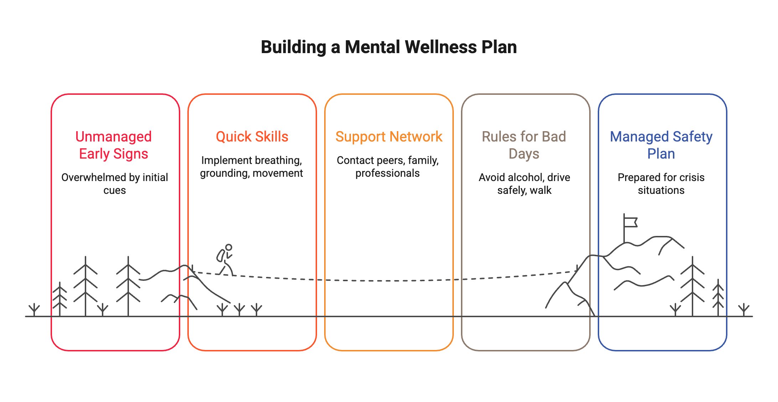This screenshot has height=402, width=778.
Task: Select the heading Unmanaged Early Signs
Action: pyautogui.click(x=113, y=145)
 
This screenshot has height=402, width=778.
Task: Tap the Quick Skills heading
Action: pyautogui.click(x=252, y=137)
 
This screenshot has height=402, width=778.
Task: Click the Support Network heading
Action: pyautogui.click(x=389, y=137)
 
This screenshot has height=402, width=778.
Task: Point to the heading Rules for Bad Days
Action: pyautogui.click(x=524, y=145)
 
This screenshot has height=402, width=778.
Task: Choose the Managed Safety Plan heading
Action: pyautogui.click(x=661, y=145)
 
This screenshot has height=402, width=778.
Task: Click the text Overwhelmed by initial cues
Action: pyautogui.click(x=114, y=184)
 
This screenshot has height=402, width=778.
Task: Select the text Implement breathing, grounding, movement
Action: pyautogui.click(x=251, y=167)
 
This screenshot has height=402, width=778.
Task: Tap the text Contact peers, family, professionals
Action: pyautogui.click(x=388, y=167)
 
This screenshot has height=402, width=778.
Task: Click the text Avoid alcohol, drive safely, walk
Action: pyautogui.click(x=524, y=184)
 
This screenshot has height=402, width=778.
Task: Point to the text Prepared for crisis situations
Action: pyautogui.click(x=661, y=184)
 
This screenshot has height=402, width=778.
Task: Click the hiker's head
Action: pyautogui.click(x=229, y=247)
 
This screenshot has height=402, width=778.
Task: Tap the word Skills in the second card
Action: pyautogui.click(x=271, y=137)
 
